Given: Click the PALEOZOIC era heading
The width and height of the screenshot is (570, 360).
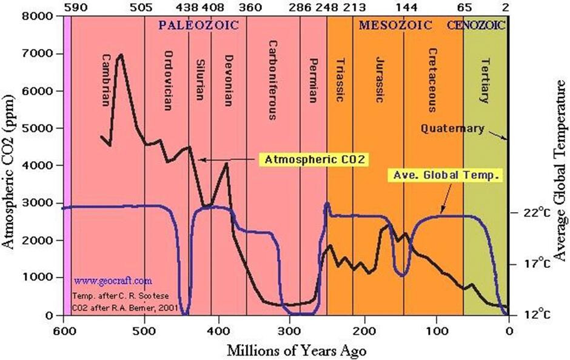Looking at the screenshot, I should (x=198, y=25).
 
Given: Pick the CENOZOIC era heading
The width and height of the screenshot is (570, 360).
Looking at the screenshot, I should (x=477, y=25).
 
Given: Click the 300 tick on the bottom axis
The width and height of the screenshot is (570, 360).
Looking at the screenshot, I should (x=290, y=330).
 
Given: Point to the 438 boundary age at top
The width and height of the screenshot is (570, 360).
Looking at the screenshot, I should (x=189, y=7).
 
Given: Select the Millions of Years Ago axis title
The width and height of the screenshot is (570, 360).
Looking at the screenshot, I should (x=297, y=350).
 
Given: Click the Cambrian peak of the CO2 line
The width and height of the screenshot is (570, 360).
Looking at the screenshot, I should (x=120, y=55).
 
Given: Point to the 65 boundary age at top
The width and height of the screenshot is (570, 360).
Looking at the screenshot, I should (x=464, y=7).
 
